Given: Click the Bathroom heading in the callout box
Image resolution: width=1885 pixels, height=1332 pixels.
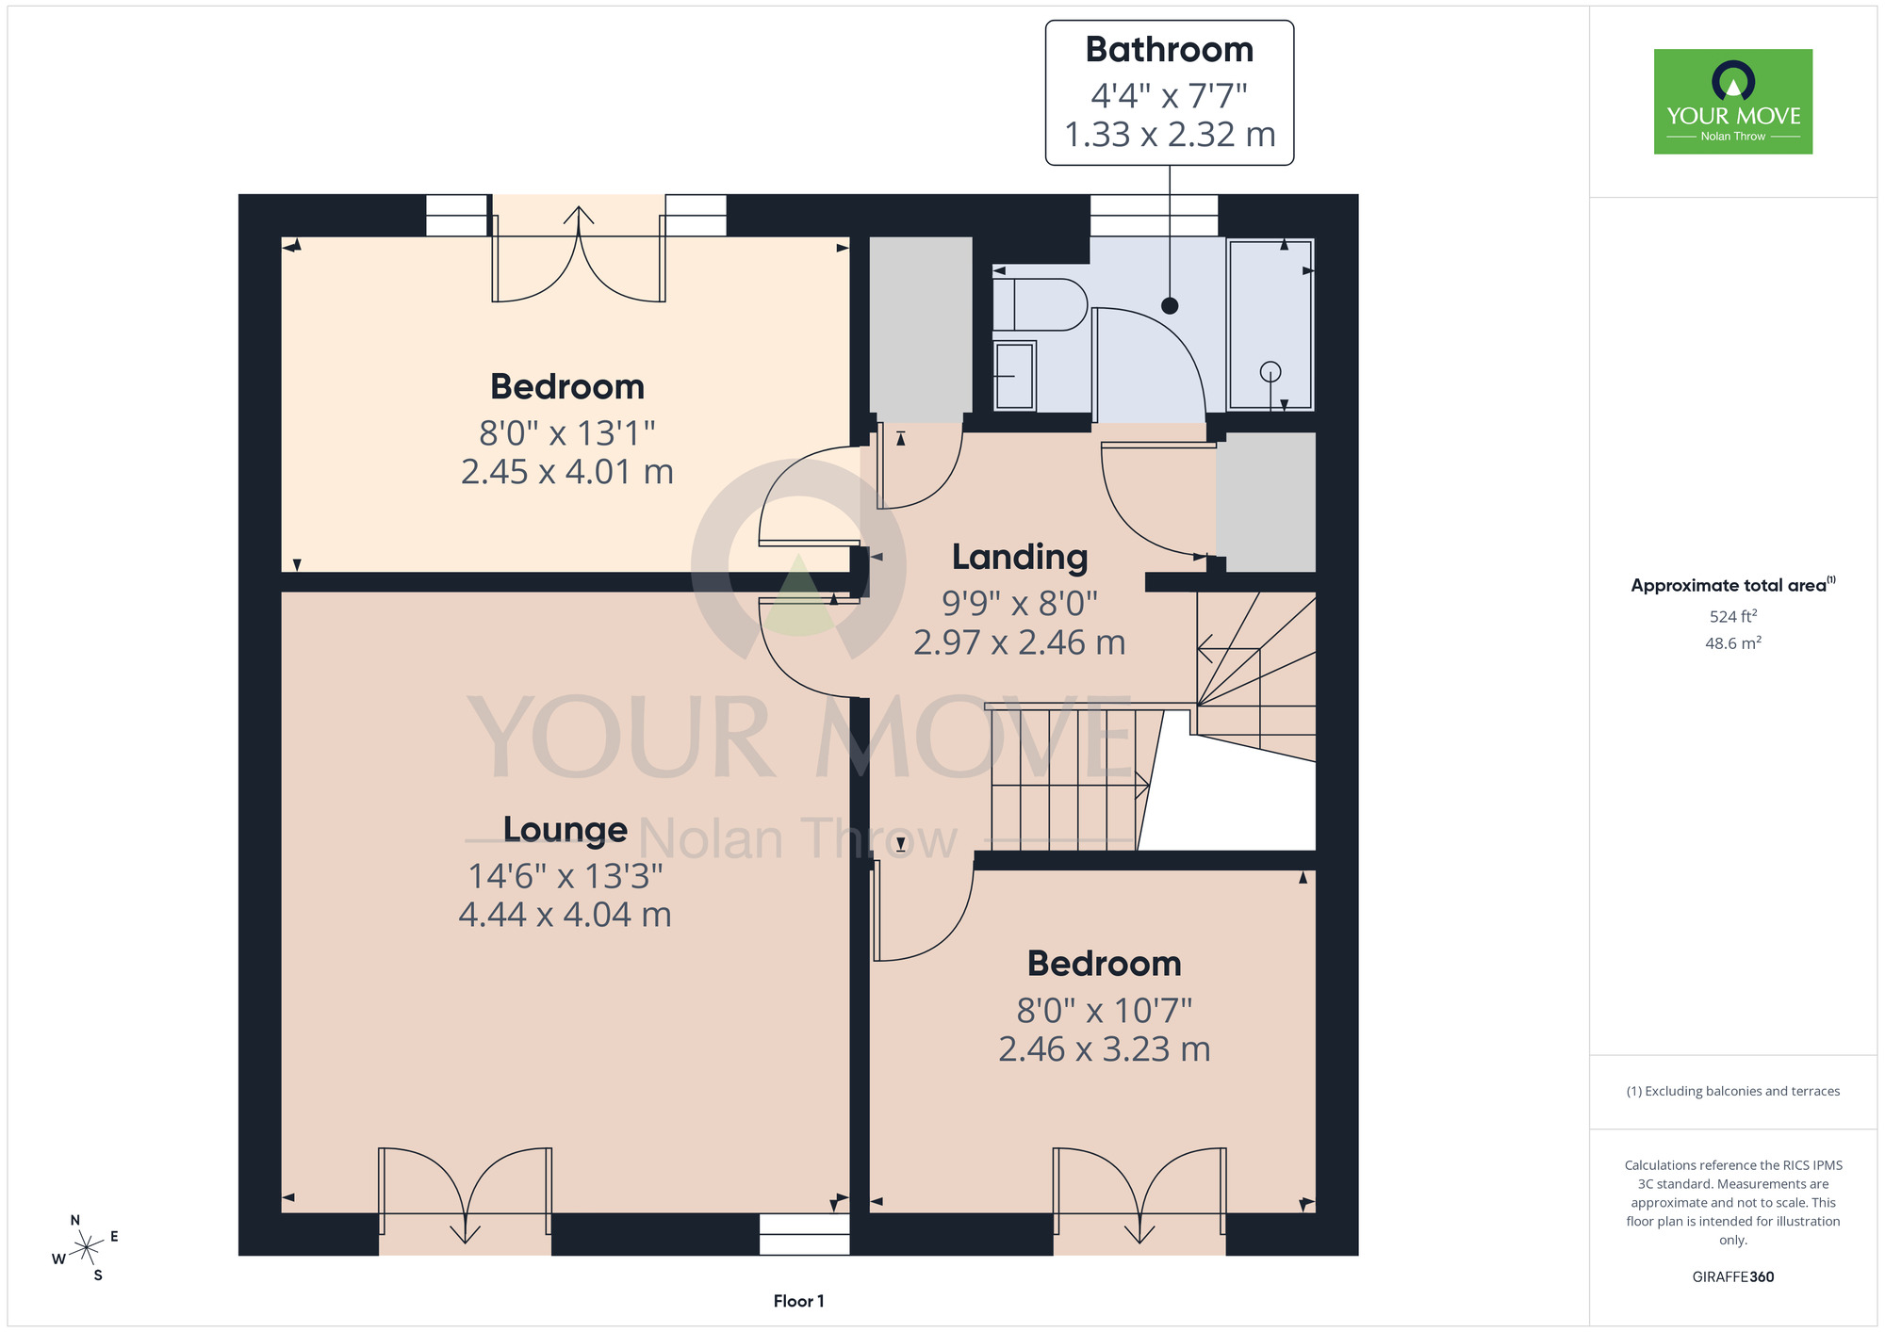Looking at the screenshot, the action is tap(1169, 50).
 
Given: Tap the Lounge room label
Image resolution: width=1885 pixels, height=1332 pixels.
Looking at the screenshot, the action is tap(565, 830).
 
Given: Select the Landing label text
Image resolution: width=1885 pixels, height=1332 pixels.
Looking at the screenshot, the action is tap(1020, 558).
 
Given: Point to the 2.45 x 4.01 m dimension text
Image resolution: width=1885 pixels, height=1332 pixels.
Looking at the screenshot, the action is tap(567, 472).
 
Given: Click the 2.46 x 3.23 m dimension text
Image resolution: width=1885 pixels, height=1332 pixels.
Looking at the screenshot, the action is tap(1105, 1049).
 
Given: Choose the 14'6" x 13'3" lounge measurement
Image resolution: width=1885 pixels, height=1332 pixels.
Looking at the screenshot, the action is tap(565, 877).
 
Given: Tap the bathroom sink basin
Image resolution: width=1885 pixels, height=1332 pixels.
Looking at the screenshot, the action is tap(1014, 376).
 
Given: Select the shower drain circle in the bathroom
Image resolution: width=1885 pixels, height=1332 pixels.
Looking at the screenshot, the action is tap(1270, 372).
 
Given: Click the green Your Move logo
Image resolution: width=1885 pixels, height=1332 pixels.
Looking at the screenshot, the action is tap(1733, 102).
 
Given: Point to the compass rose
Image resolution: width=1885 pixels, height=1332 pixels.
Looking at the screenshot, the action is tap(86, 1248).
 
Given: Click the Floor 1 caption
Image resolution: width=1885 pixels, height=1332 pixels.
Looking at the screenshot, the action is tap(798, 1301).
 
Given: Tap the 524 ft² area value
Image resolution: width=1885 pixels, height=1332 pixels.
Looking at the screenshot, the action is tap(1733, 616).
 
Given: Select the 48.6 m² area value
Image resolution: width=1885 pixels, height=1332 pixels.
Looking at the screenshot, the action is tap(1733, 643).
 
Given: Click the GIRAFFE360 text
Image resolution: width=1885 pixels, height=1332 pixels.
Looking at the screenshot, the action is tap(1733, 1277).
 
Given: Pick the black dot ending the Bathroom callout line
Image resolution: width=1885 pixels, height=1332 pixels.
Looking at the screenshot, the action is tap(1170, 305).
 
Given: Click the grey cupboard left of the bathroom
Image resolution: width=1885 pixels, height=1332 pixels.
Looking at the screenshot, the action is tap(920, 330).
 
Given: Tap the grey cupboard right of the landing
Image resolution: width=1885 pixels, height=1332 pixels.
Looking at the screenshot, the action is tap(1266, 501).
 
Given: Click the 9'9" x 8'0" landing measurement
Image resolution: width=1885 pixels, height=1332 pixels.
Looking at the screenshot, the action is tap(1020, 603).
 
